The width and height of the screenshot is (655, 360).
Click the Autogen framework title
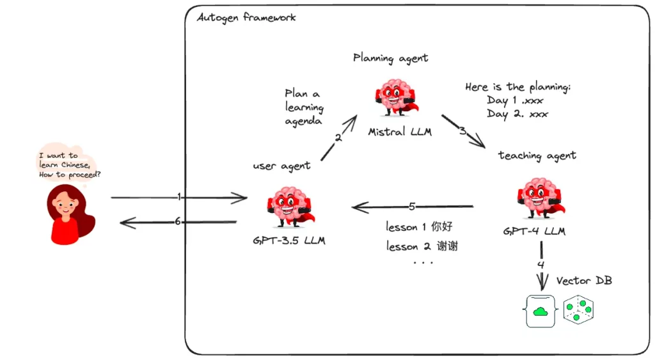[x=246, y=17]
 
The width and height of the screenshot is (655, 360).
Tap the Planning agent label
[x=390, y=58]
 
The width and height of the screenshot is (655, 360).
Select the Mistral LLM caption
[x=400, y=132]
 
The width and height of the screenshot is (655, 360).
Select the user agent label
[x=281, y=166]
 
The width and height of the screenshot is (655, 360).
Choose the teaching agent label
[x=537, y=155]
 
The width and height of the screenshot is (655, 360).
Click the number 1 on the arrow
[x=180, y=197]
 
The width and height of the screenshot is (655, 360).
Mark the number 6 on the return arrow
[x=178, y=221]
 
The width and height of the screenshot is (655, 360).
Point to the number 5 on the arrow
[x=412, y=206]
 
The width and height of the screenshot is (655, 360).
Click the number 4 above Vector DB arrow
[x=541, y=264]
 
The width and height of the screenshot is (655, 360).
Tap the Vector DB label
[x=583, y=281]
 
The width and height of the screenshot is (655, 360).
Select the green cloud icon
[x=541, y=311]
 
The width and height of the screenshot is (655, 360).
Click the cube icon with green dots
[x=578, y=310]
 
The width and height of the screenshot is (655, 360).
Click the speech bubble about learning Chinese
[x=68, y=164]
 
